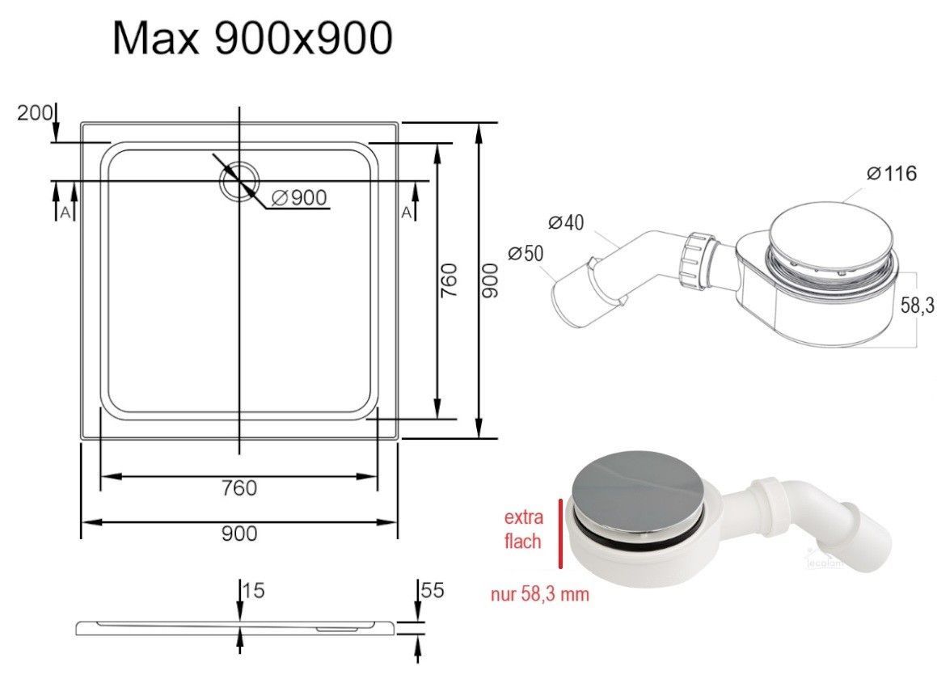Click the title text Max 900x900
point(252,38)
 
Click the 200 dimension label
point(34,112)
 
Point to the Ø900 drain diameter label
point(299,197)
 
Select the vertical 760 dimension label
point(448,280)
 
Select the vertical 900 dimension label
point(489,280)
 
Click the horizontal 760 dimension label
point(239,488)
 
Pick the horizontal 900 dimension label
point(239,533)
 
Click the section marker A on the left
point(65,212)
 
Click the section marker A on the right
point(407,212)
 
